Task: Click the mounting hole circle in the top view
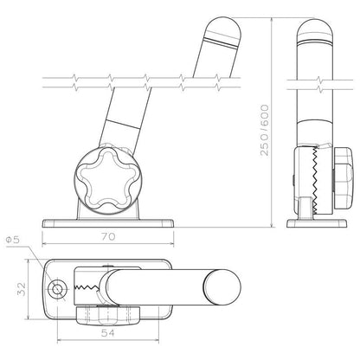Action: (58, 287)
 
